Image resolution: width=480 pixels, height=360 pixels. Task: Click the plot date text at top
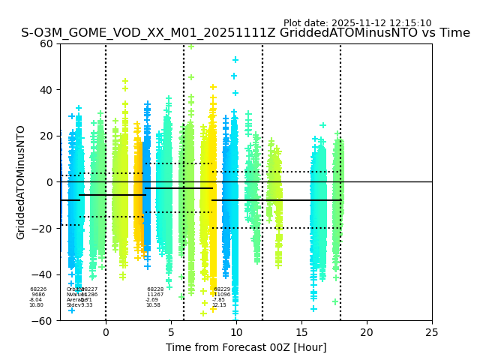tap(357, 23)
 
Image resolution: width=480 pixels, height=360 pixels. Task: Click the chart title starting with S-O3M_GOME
tap(245, 33)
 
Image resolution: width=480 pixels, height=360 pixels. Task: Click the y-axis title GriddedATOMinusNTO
tap(21, 182)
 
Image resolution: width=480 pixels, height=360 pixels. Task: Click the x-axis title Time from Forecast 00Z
tap(246, 347)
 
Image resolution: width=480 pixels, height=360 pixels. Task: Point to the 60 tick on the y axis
tap(47, 43)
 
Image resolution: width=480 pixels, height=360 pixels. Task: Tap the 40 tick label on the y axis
tap(47, 90)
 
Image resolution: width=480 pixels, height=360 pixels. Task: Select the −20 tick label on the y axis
tap(44, 228)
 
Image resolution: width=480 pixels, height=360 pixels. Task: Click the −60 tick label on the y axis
tap(44, 320)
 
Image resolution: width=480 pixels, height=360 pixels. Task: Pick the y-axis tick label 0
tap(50, 182)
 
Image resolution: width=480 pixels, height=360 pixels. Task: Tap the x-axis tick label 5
tap(171, 332)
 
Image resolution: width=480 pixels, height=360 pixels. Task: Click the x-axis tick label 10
tap(236, 332)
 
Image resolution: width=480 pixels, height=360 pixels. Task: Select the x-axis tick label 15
tap(301, 332)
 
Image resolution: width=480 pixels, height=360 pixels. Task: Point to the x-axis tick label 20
tap(367, 332)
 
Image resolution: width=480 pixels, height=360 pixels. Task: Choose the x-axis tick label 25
tap(432, 332)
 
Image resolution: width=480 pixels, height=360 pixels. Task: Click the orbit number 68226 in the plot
tap(38, 289)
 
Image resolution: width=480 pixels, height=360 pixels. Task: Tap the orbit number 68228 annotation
tap(155, 289)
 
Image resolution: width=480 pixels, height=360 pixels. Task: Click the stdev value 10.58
tap(153, 305)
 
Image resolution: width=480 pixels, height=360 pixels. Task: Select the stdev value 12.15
tap(219, 305)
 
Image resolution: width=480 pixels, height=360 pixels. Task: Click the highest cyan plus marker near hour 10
tap(235, 59)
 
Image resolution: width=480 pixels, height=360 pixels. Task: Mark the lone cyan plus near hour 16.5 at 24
tap(322, 125)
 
